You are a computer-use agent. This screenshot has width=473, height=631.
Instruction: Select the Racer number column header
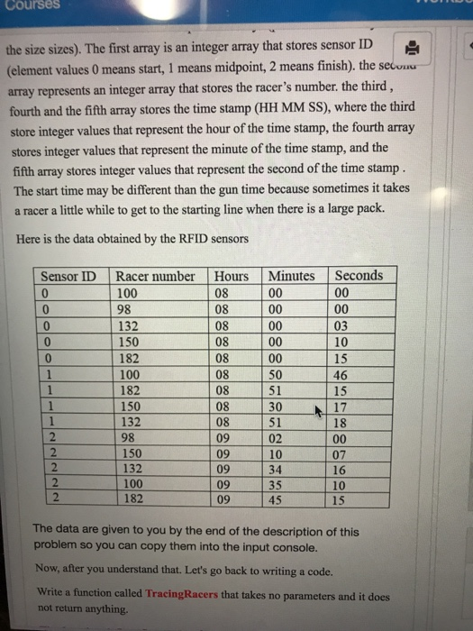point(155,276)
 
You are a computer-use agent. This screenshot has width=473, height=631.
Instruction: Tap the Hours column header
point(232,276)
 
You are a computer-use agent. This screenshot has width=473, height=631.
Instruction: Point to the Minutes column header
point(291,276)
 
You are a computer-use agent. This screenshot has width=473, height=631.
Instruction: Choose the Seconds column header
point(358,276)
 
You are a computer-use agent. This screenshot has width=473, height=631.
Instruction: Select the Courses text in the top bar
point(30,5)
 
